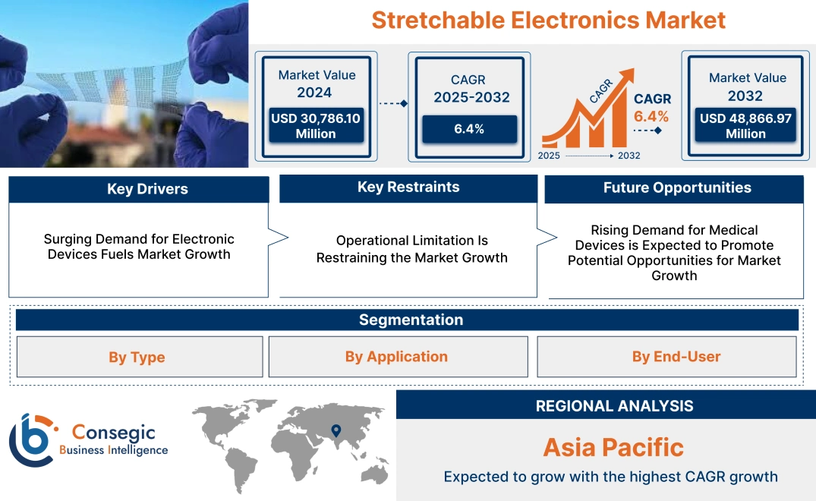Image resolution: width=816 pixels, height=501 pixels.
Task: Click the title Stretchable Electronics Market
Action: point(548,20)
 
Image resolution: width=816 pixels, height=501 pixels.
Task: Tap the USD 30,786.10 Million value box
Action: point(315,125)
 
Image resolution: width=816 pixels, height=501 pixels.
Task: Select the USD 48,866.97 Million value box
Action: point(745,126)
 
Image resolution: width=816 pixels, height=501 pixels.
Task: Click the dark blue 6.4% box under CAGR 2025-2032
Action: point(469,129)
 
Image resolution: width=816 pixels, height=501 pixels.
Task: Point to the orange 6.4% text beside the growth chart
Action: point(651,116)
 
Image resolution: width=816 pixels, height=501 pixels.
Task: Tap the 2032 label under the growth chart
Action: point(629,156)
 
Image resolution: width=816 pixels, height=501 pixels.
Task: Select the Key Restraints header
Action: point(408,187)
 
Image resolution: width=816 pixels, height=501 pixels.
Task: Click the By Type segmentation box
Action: point(137,357)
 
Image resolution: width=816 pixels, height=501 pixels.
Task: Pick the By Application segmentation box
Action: point(396,357)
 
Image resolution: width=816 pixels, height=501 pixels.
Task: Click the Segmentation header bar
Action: point(410,320)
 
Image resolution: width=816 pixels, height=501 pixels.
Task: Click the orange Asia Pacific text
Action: point(613,447)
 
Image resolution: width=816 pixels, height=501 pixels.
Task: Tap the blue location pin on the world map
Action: point(335,431)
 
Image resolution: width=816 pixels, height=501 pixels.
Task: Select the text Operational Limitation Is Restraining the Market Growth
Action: point(411,249)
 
